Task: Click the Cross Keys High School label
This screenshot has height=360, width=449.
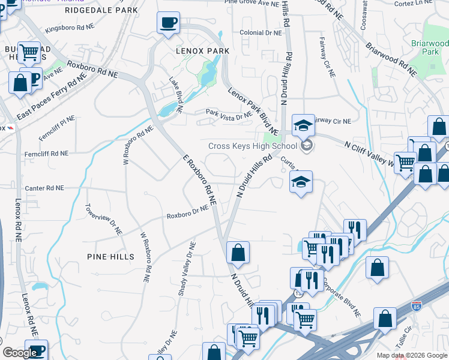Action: (x=252, y=146)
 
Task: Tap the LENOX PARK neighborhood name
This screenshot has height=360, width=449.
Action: (x=202, y=51)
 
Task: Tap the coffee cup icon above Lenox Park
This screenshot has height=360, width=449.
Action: (x=168, y=23)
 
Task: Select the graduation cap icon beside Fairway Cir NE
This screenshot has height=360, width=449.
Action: (x=304, y=125)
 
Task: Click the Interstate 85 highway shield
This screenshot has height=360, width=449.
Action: (x=417, y=307)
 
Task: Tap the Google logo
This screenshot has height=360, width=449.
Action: (x=19, y=353)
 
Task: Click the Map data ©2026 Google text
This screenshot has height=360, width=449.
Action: (x=411, y=355)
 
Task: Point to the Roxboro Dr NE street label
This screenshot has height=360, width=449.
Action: (x=187, y=212)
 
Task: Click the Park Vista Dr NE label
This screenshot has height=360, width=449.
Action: (x=228, y=115)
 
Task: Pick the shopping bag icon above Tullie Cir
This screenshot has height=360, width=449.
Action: (x=385, y=319)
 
